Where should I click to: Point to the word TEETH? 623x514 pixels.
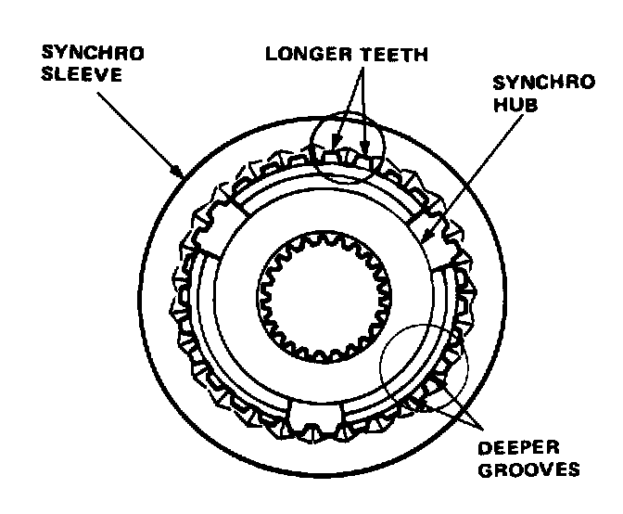pyautogui.click(x=393, y=54)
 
